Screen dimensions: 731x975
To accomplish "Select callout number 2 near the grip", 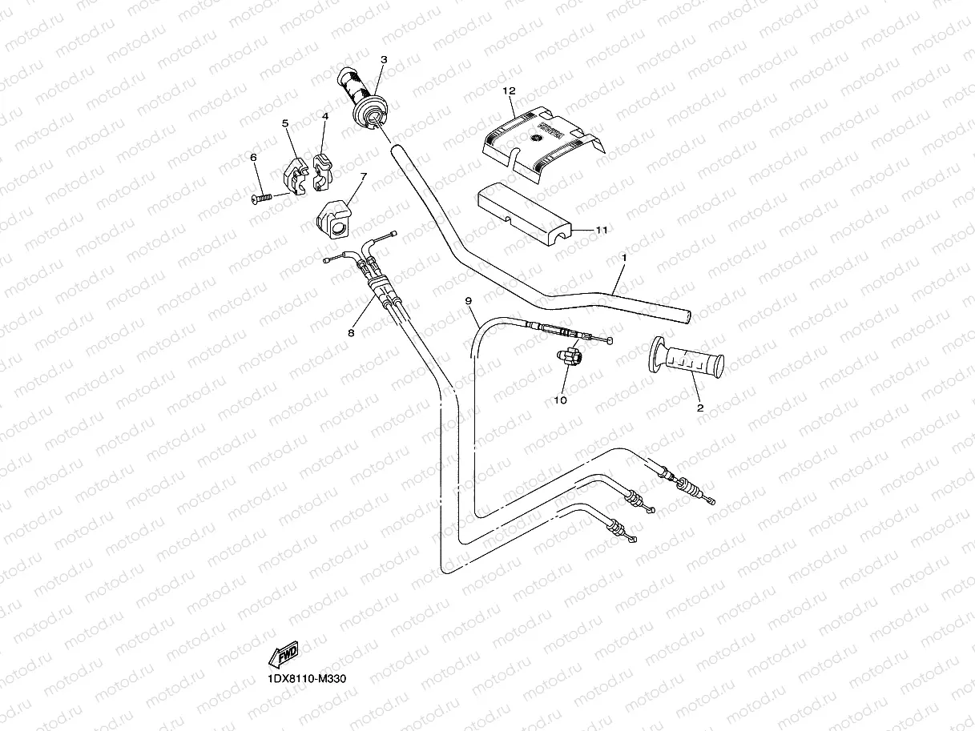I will coord(699,408).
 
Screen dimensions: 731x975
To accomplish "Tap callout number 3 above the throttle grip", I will coord(384,59).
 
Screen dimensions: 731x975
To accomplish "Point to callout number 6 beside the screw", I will coord(255,158).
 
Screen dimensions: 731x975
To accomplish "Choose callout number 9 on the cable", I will coord(469,300).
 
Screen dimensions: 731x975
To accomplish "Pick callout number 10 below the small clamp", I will coord(560,400).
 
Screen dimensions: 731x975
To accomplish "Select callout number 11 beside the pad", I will coord(601,230).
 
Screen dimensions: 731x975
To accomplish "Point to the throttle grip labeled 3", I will coord(364,98).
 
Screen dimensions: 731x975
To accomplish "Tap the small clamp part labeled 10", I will coord(571,358).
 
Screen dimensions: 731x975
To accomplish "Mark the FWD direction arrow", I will coord(285,655).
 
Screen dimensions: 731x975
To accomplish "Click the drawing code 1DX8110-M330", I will coord(307,679).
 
